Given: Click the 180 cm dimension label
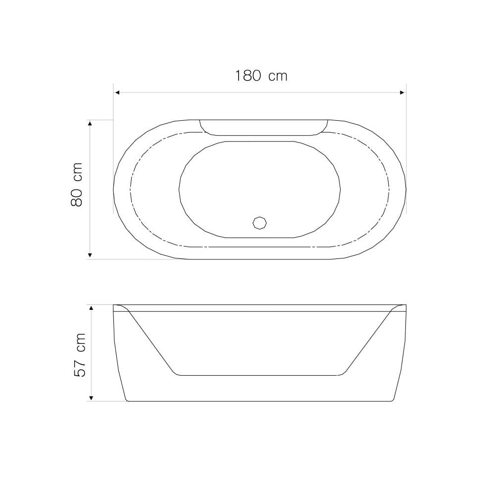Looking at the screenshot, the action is pyautogui.click(x=261, y=76).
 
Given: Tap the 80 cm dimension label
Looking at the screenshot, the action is pyautogui.click(x=76, y=185).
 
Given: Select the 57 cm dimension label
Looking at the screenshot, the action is pyautogui.click(x=80, y=355).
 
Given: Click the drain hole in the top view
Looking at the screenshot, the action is pyautogui.click(x=259, y=223).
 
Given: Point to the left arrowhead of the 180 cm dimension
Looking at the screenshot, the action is pyautogui.click(x=116, y=93).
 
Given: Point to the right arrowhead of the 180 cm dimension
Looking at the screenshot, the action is pyautogui.click(x=402, y=93).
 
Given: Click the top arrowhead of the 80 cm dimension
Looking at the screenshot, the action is pyautogui.click(x=90, y=123).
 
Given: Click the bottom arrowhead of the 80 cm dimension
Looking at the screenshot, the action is pyautogui.click(x=90, y=255).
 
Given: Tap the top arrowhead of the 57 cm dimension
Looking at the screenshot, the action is pyautogui.click(x=91, y=308).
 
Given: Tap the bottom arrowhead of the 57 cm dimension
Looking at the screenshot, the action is pyautogui.click(x=91, y=398).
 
